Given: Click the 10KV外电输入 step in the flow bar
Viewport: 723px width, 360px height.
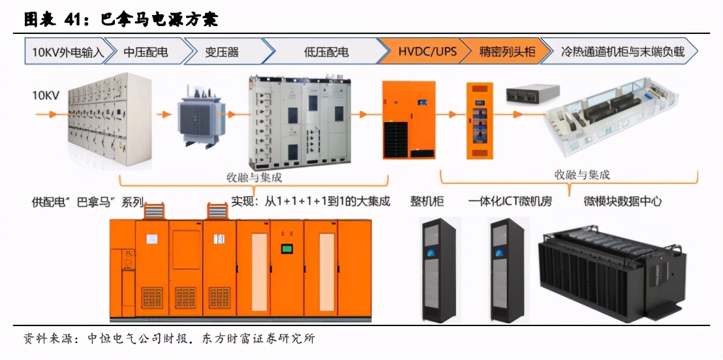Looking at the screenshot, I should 64,52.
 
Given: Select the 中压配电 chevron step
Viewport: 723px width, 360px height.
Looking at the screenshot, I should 146,52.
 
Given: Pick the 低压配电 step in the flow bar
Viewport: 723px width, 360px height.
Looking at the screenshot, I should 326,52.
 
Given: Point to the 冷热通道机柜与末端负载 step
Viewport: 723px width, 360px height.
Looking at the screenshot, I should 623,52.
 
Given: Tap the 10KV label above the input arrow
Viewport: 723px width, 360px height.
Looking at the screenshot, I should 46,96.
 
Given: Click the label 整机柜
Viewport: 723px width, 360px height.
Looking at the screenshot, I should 427,201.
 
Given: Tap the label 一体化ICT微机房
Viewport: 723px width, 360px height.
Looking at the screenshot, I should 510,201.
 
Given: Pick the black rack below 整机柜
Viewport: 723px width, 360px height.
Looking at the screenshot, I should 438,269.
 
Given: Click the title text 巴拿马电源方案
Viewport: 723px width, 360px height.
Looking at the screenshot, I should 159,20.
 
